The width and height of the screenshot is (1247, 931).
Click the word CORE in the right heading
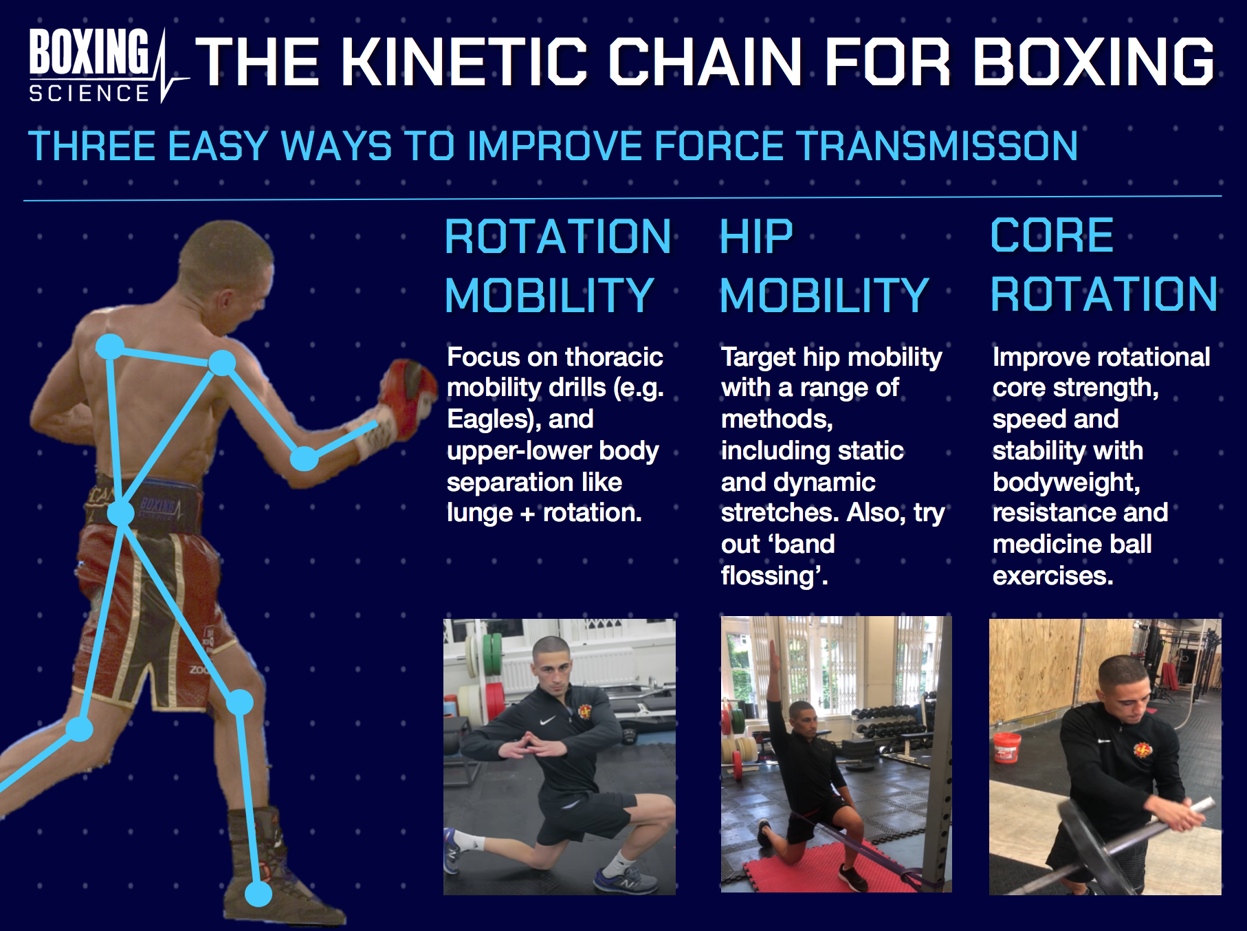[x=1052, y=235]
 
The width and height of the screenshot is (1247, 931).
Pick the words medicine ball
[x=1072, y=544]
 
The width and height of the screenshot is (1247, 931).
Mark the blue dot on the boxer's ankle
[x=258, y=893]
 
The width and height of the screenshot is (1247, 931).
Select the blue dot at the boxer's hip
[x=121, y=513]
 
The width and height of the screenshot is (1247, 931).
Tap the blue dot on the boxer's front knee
[x=240, y=701]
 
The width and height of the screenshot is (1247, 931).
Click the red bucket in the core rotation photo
[x=1007, y=747]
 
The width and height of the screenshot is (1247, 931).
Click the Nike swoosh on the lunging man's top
[x=547, y=721]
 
